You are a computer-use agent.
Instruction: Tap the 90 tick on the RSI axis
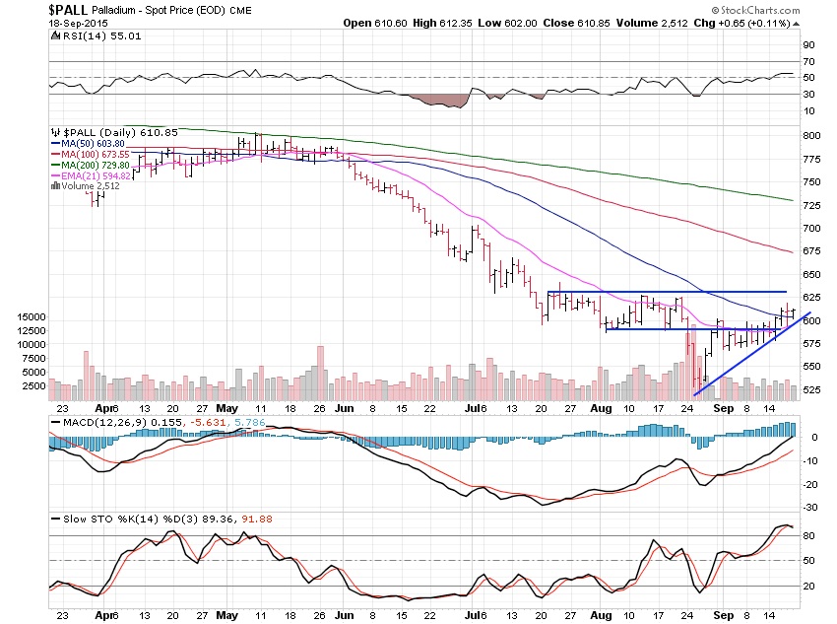(x=809, y=44)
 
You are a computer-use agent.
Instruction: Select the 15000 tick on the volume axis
(x=32, y=317)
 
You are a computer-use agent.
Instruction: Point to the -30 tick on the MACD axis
(x=810, y=507)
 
